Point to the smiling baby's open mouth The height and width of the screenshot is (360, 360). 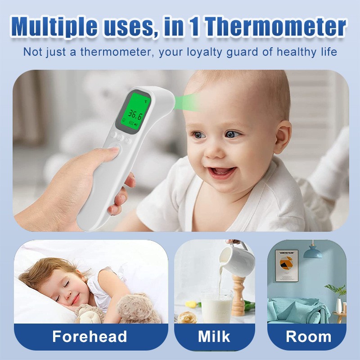point(222,172)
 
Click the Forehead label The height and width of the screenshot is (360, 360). point(90,337)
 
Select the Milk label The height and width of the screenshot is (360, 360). point(214,337)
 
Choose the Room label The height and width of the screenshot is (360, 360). point(308,337)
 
